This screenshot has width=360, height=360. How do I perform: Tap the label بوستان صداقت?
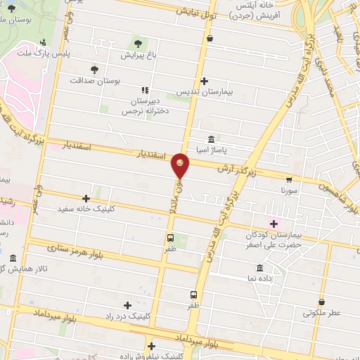[x=95, y=81]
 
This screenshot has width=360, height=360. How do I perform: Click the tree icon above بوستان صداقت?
[x=95, y=69]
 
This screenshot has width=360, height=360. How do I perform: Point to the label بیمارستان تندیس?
[x=203, y=92]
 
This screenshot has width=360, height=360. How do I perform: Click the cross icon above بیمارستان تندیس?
[x=204, y=81]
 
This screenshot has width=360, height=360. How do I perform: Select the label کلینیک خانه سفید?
[x=86, y=210]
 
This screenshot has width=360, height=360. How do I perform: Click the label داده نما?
[x=260, y=279]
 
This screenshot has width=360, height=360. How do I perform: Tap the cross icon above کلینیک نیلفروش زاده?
[x=151, y=345]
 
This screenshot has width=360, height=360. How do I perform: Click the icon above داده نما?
[x=260, y=268]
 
